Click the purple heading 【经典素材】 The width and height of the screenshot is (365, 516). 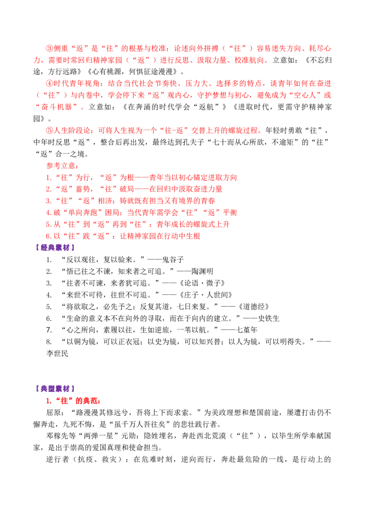[x=55, y=248]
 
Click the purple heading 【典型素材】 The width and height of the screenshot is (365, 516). [x=55, y=389]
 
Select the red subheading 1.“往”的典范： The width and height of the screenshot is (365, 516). [x=73, y=401]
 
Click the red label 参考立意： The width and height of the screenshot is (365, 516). [x=62, y=165]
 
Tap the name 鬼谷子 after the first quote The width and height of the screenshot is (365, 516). [x=173, y=260]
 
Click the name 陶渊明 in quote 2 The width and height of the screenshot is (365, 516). [x=202, y=271]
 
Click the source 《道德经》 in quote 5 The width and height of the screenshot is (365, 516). [x=253, y=307]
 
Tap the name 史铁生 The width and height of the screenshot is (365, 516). [x=268, y=318]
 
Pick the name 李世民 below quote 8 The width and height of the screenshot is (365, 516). [x=57, y=353]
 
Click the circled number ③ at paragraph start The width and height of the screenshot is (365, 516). [x=49, y=48]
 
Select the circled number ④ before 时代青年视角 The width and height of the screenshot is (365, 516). [x=49, y=83]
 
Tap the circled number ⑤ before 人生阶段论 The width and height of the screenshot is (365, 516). [x=49, y=130]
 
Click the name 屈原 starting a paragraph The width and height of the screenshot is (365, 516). [x=53, y=413]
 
